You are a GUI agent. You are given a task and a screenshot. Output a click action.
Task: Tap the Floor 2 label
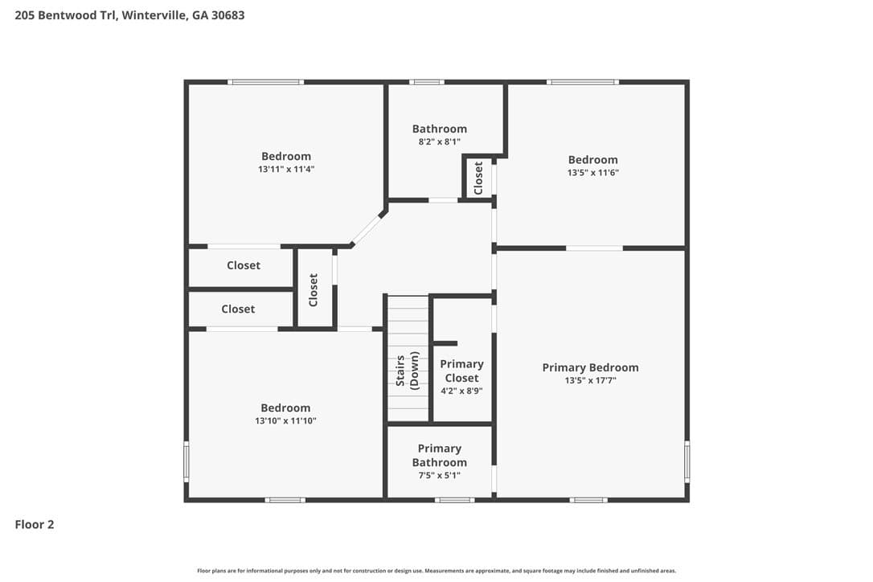35,524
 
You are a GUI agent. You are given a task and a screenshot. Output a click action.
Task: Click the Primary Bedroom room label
590,367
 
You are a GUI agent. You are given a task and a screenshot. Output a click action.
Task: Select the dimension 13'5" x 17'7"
590,380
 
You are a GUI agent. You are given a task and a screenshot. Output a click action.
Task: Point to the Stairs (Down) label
407,371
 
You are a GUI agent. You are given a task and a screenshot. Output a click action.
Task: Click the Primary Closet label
461,371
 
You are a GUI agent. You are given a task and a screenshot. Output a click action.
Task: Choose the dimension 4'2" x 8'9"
461,391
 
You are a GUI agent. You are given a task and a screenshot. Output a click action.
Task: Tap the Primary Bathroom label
439,456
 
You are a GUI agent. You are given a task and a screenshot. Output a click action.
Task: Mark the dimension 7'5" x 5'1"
439,476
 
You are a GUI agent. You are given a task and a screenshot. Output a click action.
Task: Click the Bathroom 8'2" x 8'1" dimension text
439,142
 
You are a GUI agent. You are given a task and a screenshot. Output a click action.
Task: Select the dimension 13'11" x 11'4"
286,170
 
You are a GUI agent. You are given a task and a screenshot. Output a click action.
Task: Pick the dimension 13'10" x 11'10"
285,421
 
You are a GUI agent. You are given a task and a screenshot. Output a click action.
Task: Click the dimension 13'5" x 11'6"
593,173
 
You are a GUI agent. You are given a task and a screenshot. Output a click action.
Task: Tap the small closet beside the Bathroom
478,178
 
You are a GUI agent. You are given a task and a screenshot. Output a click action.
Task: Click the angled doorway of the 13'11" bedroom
367,229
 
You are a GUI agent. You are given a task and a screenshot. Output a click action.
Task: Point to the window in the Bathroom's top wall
427,82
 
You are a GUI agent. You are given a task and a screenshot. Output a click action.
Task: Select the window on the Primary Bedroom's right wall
687,461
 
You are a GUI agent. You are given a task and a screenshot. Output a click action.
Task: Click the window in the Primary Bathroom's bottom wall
455,500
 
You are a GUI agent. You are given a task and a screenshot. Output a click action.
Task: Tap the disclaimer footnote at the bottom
436,571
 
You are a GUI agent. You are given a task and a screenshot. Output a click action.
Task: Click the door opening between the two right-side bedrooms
594,248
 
